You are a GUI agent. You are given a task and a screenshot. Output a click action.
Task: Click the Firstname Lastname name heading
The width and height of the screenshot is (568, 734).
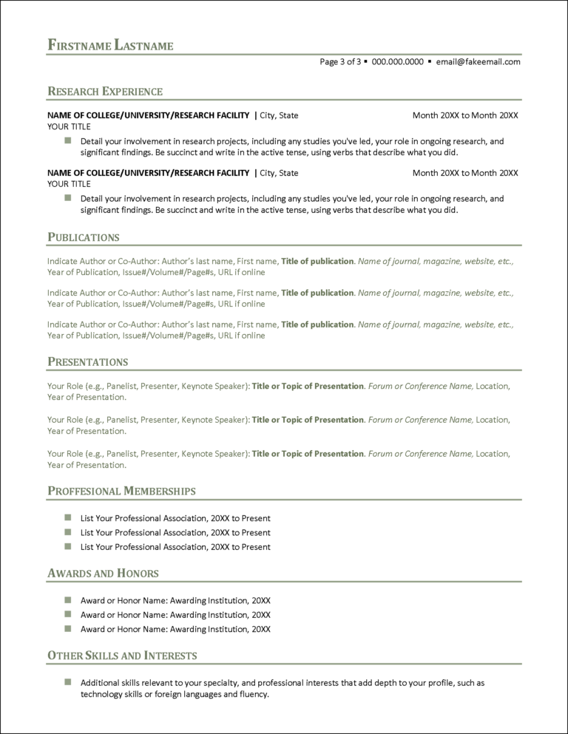(x=110, y=45)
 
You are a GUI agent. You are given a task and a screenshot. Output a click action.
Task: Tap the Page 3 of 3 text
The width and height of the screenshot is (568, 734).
(x=340, y=62)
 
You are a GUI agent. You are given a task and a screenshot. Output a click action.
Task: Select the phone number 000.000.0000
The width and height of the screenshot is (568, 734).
(x=397, y=62)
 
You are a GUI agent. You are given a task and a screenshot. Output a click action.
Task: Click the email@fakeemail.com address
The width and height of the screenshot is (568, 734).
(x=478, y=62)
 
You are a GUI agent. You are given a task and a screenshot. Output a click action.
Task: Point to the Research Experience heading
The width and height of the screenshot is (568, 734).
(x=105, y=92)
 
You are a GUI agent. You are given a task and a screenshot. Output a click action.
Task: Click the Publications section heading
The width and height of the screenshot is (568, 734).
(x=84, y=237)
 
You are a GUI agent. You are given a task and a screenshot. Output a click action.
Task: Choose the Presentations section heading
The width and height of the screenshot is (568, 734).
(x=88, y=362)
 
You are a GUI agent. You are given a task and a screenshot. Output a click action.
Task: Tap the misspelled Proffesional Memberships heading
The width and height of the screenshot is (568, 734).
(x=121, y=492)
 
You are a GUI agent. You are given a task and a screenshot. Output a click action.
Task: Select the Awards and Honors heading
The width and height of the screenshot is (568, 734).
(x=103, y=574)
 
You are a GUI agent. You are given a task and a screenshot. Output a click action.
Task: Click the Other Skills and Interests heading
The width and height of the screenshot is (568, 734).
(x=122, y=656)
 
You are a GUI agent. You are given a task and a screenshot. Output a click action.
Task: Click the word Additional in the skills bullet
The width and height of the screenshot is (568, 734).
(x=100, y=683)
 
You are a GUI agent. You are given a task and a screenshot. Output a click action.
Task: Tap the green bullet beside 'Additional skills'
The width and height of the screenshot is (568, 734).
(x=67, y=682)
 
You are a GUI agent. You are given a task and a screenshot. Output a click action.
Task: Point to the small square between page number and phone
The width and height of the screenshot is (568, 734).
(x=365, y=62)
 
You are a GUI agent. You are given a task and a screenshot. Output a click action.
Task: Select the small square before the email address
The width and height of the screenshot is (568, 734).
(x=430, y=62)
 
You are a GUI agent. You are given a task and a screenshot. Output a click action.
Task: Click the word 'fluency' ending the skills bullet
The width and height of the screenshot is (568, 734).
(x=253, y=695)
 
